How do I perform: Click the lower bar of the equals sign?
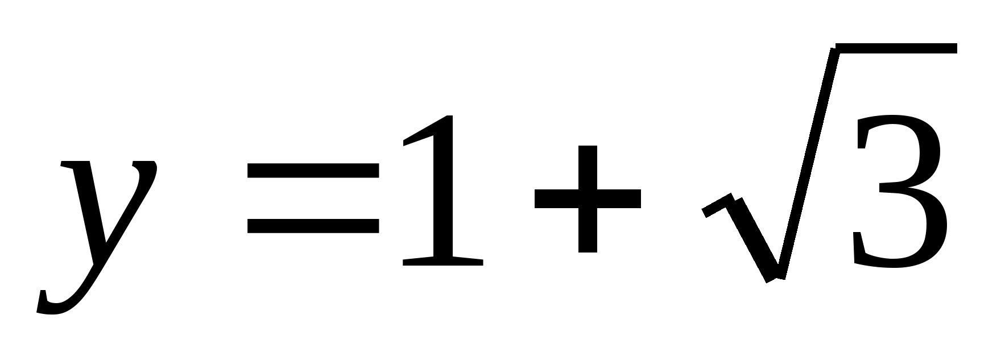pyautogui.click(x=313, y=226)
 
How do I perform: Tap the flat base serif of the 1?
pyautogui.click(x=443, y=262)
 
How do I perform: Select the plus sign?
pyautogui.click(x=588, y=198)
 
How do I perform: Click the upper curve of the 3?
pyautogui.click(x=904, y=136)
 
